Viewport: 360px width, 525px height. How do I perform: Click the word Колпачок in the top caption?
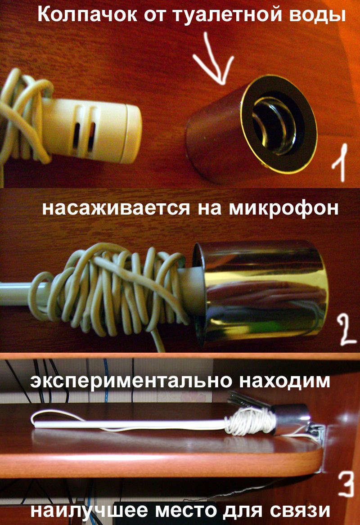click(x=87, y=15)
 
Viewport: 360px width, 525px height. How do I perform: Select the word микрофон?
click(x=283, y=208)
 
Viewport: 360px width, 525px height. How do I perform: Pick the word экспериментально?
click(x=131, y=381)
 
